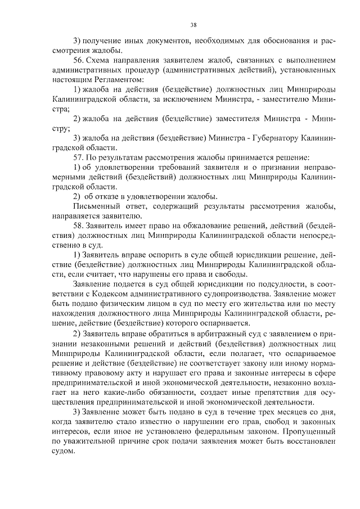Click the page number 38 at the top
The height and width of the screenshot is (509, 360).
193,25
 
